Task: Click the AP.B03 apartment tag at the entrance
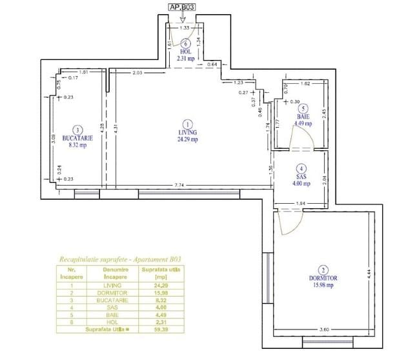tap(182, 8)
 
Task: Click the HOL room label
tap(186, 52)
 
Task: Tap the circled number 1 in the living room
tap(188, 124)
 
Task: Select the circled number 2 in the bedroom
tap(323, 270)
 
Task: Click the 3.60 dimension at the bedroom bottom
tap(325, 331)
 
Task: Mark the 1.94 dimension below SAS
tap(301, 204)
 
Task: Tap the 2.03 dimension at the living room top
tap(137, 73)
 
